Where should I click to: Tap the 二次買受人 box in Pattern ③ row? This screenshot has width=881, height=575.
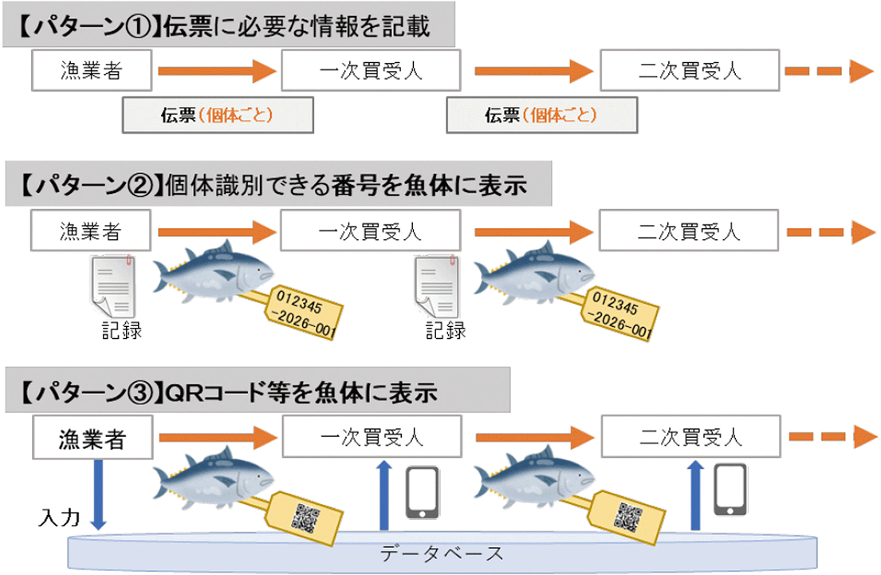tap(690, 437)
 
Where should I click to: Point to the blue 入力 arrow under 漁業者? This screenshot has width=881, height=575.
tap(98, 494)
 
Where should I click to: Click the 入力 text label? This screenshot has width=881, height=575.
tap(59, 519)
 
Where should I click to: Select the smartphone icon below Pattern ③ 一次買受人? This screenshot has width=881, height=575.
tap(423, 491)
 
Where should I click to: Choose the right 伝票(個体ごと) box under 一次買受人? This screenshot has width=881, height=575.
tap(542, 115)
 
